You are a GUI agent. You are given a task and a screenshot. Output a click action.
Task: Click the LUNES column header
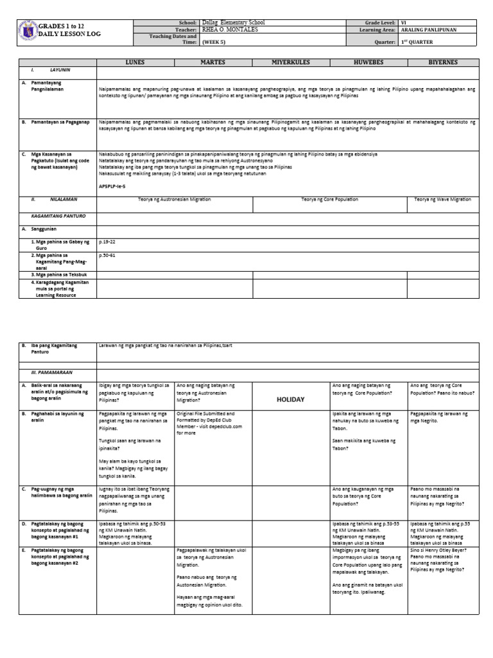tap(135, 62)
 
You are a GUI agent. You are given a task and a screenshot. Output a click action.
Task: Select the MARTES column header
tap(212, 62)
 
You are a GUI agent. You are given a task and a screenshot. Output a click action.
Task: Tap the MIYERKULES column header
tap(290, 62)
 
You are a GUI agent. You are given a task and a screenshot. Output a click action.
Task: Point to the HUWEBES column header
tap(368, 62)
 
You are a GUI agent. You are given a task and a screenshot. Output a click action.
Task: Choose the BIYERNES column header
tap(444, 62)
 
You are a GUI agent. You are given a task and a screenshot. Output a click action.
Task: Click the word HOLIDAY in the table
tap(290, 399)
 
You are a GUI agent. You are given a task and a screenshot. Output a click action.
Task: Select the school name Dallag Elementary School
tap(232, 22)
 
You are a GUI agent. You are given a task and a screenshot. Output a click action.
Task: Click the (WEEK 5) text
tap(213, 42)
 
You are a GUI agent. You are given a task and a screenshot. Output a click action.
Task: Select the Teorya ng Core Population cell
tap(330, 200)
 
